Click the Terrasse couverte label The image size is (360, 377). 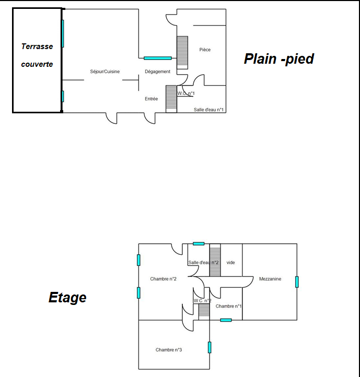[37, 55]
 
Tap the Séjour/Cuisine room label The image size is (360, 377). [104, 72]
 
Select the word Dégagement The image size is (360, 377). [157, 72]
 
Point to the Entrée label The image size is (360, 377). [151, 99]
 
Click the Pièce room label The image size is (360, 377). [205, 50]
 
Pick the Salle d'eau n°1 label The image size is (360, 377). [208, 110]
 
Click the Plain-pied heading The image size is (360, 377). [278, 59]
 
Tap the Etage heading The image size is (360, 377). [67, 298]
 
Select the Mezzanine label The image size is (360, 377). [270, 279]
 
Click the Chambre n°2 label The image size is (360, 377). [163, 279]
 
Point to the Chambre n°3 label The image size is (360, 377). [168, 350]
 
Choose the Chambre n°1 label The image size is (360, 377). [228, 306]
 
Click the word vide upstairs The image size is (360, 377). [230, 263]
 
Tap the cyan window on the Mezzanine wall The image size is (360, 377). [297, 282]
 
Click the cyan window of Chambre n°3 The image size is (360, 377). [210, 347]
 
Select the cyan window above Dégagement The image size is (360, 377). [158, 58]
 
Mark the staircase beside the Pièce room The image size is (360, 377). [182, 52]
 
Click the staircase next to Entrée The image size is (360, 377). [171, 99]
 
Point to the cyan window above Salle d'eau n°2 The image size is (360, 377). [199, 244]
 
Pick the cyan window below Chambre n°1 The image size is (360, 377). [226, 320]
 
